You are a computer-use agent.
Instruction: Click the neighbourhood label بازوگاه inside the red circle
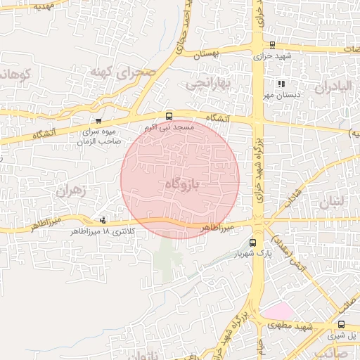[182, 184]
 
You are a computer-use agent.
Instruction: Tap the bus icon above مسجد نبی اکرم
[169, 116]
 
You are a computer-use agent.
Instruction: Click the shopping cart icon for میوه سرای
[98, 121]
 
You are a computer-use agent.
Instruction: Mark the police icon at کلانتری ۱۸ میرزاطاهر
[104, 220]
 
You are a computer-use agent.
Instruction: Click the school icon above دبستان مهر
[281, 84]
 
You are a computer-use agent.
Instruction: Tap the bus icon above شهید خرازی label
[273, 44]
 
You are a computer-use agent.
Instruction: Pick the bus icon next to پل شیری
[341, 324]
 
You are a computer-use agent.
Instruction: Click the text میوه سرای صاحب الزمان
[101, 136]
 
